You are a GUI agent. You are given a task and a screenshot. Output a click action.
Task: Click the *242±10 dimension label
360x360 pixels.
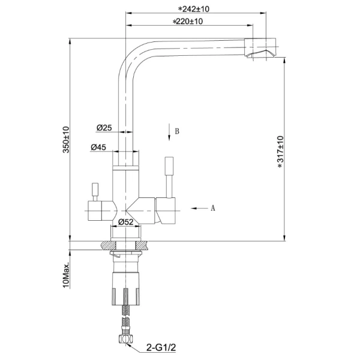(x=194, y=9)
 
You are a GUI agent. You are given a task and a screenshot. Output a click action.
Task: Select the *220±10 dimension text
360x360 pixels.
(x=188, y=22)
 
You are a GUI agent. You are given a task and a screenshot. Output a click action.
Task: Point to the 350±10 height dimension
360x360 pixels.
(x=66, y=139)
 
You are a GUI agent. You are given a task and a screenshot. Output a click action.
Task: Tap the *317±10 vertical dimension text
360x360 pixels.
(x=281, y=152)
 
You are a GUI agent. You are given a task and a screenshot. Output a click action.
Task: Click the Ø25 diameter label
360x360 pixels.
(x=104, y=128)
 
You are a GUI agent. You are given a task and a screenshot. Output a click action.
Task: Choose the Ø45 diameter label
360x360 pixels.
(x=98, y=147)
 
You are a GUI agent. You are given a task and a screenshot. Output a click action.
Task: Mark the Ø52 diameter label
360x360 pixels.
(x=125, y=222)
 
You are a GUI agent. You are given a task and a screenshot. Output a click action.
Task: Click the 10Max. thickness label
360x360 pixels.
(x=66, y=275)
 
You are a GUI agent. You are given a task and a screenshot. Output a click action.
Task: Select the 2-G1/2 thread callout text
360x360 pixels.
(x=161, y=347)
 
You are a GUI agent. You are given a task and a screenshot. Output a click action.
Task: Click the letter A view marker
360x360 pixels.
(x=213, y=208)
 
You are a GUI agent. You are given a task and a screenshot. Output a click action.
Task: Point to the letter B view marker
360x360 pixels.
(x=177, y=131)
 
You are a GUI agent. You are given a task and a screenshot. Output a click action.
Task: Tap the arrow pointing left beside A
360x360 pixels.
(x=199, y=208)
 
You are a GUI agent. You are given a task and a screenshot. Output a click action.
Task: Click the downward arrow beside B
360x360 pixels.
(x=169, y=132)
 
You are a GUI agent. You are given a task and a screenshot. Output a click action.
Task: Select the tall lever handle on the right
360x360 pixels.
(x=169, y=177)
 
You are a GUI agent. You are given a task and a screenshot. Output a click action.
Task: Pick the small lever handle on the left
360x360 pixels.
(x=95, y=192)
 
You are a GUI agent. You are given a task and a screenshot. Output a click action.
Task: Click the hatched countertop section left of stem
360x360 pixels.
(x=108, y=245)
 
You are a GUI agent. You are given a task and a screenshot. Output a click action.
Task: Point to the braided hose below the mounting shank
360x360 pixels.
(x=125, y=320)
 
